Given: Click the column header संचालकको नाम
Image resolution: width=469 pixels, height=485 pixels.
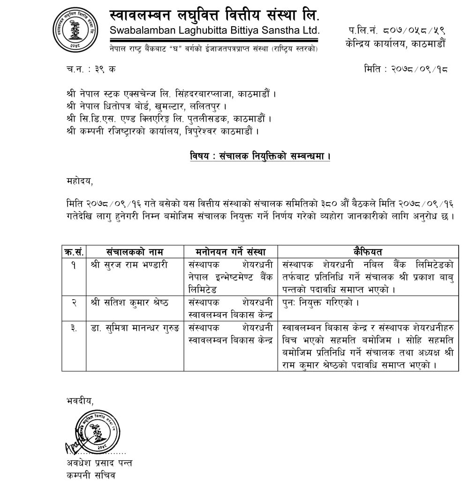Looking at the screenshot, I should tap(134, 252).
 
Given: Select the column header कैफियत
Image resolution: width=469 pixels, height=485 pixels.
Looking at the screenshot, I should tap(368, 252).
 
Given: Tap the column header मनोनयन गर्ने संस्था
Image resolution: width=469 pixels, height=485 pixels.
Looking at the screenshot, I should tap(230, 252).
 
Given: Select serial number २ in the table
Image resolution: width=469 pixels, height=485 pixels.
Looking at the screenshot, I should tap(74, 302).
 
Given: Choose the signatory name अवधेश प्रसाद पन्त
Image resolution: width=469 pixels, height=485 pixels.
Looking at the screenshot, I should tap(99, 463).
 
